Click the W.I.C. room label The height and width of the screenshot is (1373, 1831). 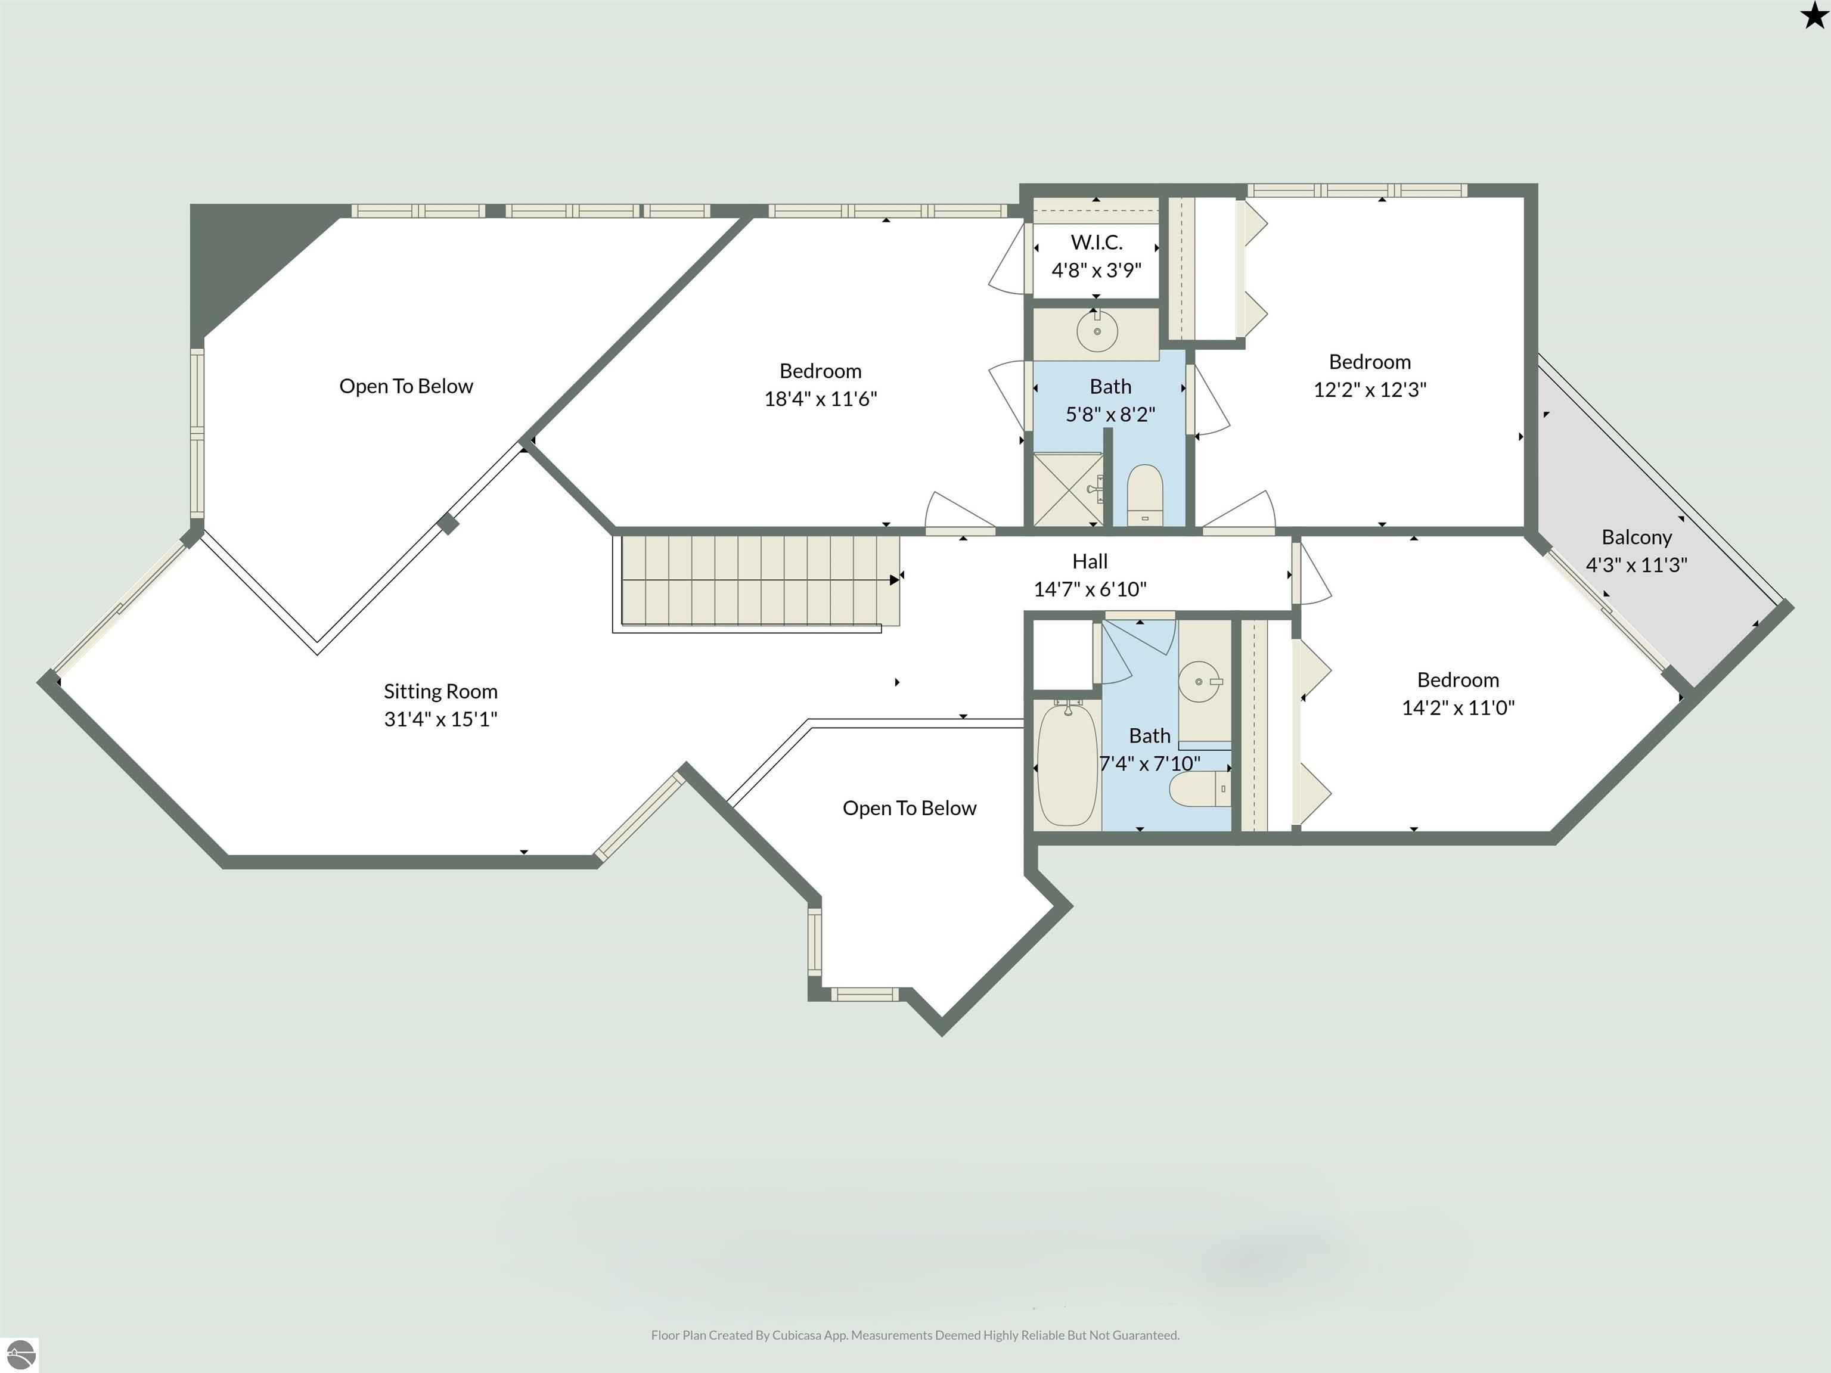(1096, 243)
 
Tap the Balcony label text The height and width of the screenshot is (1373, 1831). (1637, 537)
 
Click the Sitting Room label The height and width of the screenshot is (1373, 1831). (440, 691)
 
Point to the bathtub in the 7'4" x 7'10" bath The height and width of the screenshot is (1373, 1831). (1067, 763)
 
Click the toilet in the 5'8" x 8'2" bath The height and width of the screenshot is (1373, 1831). (1146, 494)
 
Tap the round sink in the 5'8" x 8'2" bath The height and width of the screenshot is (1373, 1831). (1097, 331)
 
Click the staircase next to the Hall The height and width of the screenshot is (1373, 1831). (759, 579)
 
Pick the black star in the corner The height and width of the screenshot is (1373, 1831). (1813, 14)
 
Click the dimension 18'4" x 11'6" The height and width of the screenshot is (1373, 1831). (820, 399)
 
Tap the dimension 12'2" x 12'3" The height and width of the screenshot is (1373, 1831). (1369, 390)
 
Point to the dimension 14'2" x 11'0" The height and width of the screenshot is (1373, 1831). (1458, 707)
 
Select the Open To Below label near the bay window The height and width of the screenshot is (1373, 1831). (909, 807)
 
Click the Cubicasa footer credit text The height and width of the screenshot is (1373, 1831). (915, 1335)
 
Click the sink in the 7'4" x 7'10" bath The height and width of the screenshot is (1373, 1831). (1200, 682)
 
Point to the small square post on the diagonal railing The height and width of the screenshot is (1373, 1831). (448, 523)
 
